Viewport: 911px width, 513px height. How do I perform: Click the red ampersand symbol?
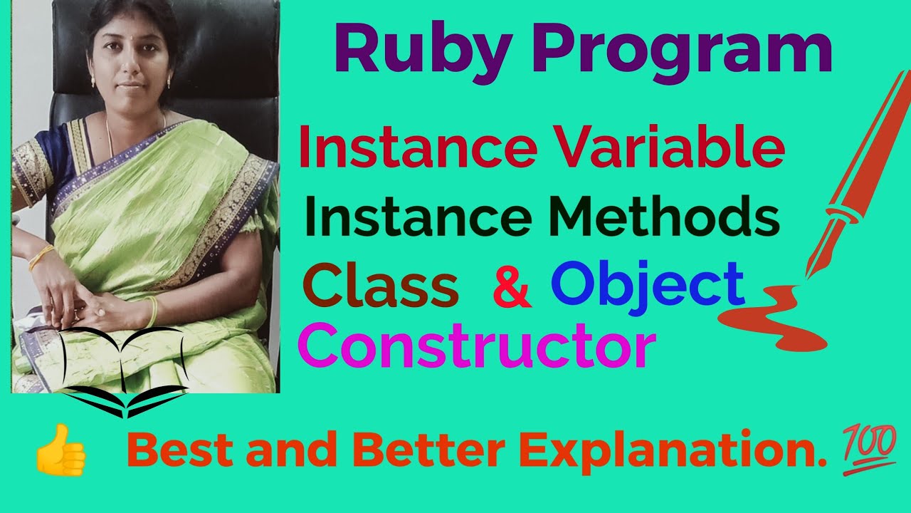(x=512, y=286)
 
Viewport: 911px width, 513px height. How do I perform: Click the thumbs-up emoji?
(x=61, y=450)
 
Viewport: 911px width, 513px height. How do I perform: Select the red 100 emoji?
(x=871, y=448)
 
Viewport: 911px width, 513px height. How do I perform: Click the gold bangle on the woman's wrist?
(x=41, y=257)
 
